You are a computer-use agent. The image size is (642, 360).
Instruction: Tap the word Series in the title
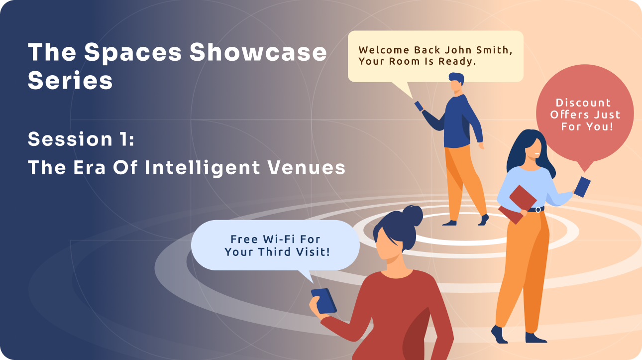70,81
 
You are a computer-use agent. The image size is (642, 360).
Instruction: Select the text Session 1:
81,139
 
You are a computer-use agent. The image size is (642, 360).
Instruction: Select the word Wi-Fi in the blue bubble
269,239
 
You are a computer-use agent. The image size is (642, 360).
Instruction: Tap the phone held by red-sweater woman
323,301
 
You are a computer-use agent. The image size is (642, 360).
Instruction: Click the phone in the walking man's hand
419,106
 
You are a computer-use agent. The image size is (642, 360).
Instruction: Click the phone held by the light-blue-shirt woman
582,187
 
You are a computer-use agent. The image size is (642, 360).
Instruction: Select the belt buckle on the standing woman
538,210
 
